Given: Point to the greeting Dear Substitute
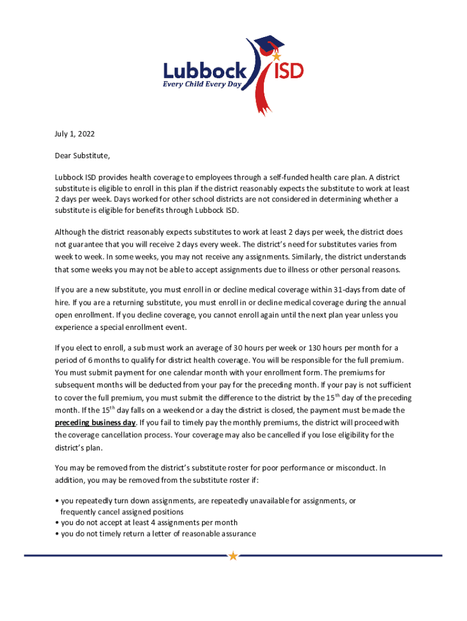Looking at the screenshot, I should point(82,155).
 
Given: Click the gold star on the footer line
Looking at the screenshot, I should point(233,556).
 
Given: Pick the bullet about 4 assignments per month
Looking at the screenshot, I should point(148,523).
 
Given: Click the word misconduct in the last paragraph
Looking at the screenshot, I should point(355,468).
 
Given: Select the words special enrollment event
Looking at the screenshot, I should point(138,327).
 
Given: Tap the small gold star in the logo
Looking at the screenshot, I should point(277,56).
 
